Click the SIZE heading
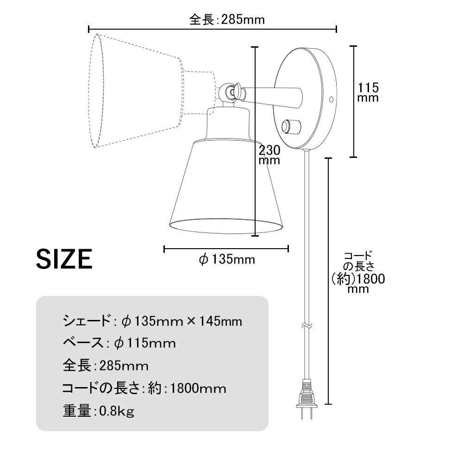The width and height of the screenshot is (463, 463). click(64, 259)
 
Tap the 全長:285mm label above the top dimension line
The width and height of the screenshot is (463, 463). click(227, 20)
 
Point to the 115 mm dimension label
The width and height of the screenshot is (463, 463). click(368, 93)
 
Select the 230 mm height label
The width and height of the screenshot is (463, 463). click(269, 155)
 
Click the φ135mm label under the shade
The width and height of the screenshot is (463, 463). click(227, 260)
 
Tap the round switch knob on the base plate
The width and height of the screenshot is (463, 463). click(291, 126)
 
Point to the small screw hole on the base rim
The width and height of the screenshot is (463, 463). click(332, 100)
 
